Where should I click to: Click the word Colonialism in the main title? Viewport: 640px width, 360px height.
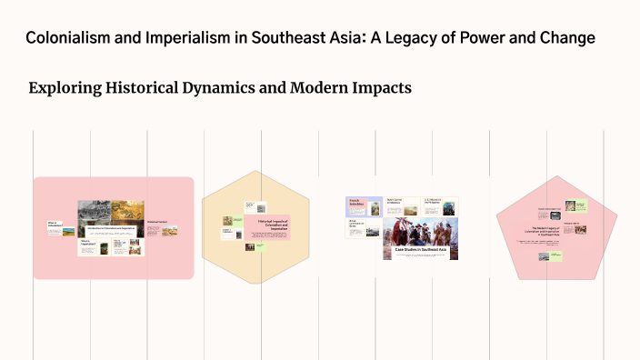click(x=69, y=38)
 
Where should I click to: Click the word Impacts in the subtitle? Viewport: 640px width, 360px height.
click(x=385, y=88)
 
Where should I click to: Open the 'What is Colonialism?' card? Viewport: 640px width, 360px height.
click(x=54, y=223)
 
